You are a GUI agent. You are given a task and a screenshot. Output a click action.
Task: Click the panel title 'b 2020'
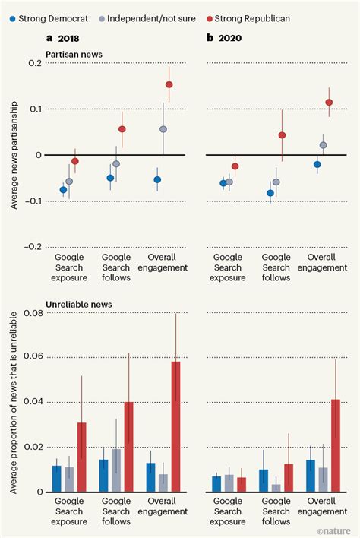[228, 37]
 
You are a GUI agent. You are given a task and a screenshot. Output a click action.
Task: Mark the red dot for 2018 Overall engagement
[169, 84]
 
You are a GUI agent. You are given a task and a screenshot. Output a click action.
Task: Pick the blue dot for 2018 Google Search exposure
[63, 190]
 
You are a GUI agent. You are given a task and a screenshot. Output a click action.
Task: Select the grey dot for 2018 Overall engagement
[163, 129]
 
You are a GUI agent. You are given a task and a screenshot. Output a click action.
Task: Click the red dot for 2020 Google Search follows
[282, 135]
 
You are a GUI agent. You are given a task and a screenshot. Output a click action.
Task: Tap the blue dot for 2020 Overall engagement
[317, 164]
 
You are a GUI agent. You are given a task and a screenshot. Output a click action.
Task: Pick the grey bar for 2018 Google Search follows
[116, 470]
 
